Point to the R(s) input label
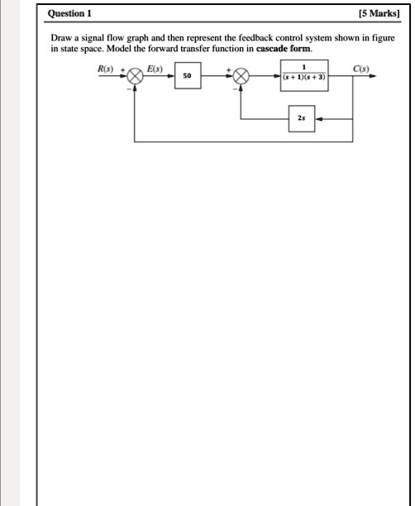click(x=105, y=67)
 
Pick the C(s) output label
click(x=361, y=67)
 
